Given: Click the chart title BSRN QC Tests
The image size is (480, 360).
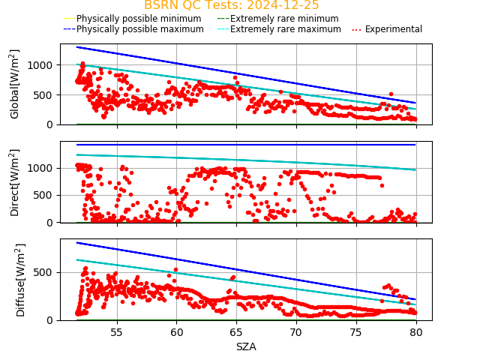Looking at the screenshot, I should click(x=231, y=5).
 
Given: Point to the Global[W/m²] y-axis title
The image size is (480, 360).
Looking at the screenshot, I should click(x=15, y=84).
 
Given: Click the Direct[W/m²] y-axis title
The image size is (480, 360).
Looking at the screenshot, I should click(x=15, y=182).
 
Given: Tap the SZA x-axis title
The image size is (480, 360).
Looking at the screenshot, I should click(x=246, y=346).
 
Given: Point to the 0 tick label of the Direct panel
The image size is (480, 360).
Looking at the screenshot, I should click(x=52, y=223).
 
